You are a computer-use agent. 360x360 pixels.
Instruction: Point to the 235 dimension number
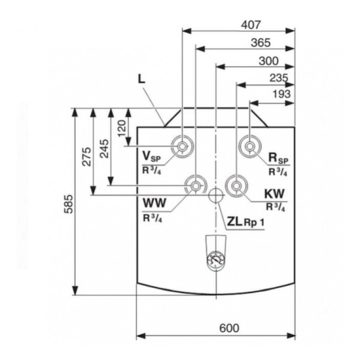click(278, 79)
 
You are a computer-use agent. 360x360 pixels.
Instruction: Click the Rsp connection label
click(278, 158)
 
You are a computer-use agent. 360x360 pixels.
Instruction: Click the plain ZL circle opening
click(215, 196)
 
